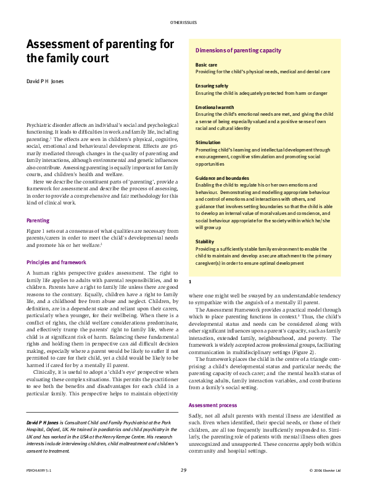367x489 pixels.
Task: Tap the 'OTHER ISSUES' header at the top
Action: pyautogui.click(x=183, y=22)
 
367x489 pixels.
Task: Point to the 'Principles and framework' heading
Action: pyautogui.click(x=57, y=262)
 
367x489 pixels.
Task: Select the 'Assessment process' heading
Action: pyautogui.click(x=212, y=405)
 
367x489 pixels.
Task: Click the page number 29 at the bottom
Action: pyautogui.click(x=183, y=470)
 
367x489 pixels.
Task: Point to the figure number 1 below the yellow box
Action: pyautogui.click(x=190, y=281)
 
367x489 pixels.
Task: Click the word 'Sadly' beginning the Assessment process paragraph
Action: pyautogui.click(x=196, y=416)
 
